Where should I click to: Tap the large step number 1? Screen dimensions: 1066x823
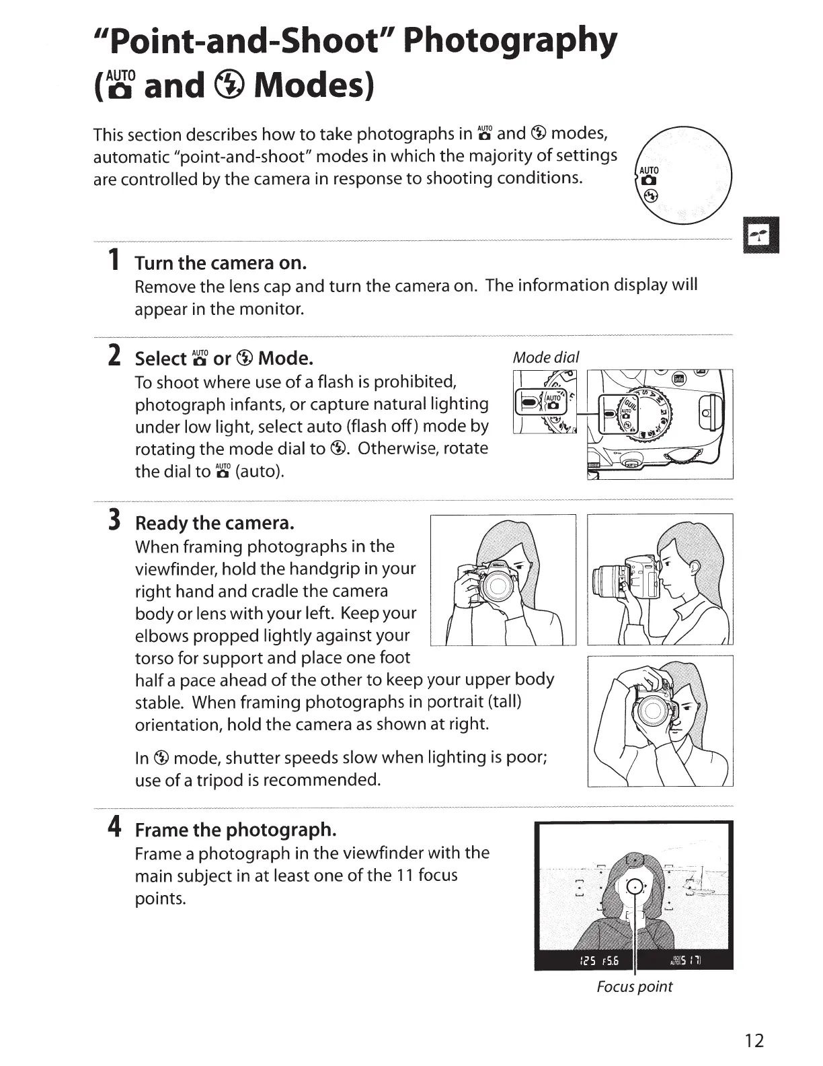[115, 259]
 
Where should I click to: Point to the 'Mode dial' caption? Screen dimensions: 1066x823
[545, 357]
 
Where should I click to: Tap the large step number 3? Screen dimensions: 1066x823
[115, 520]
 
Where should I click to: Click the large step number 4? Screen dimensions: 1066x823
[115, 826]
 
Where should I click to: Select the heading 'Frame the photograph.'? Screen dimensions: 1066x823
[235, 829]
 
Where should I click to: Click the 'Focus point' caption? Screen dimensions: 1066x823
[634, 987]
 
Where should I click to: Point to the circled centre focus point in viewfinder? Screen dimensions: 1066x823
[634, 887]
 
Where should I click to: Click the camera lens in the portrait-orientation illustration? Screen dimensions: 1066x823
[652, 708]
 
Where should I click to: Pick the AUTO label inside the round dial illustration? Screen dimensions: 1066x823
[649, 170]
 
